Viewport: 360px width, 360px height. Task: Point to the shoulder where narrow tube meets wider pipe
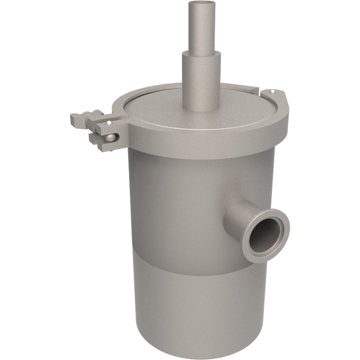tap(201, 53)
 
